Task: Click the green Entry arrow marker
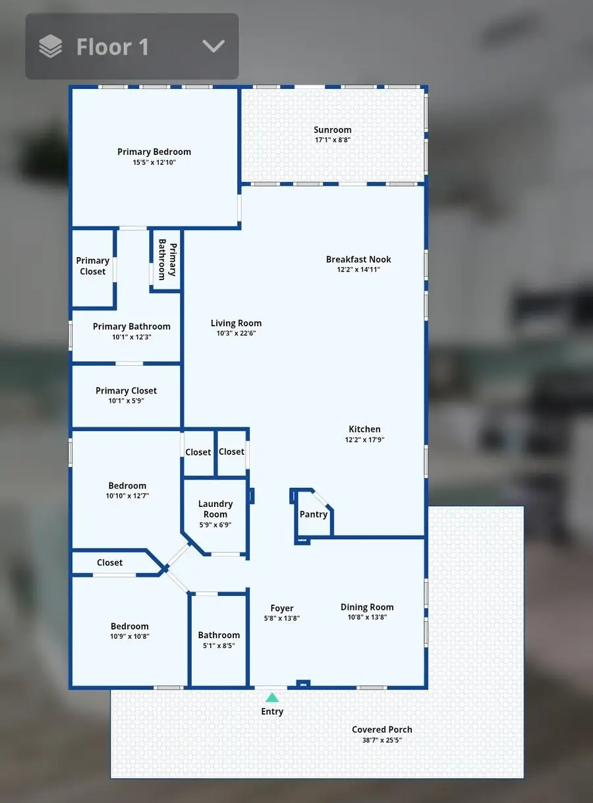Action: [x=272, y=697]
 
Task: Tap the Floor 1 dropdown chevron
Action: [x=213, y=46]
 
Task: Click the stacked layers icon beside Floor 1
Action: [x=51, y=47]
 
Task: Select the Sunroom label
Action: [x=332, y=130]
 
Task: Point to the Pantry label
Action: [x=314, y=514]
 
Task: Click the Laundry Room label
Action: [x=215, y=509]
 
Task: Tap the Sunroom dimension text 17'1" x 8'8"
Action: [x=332, y=140]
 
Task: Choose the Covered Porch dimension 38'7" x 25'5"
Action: [x=382, y=740]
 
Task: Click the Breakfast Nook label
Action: [x=358, y=259]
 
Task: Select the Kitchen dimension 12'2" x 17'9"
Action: [x=364, y=440]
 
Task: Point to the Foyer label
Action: [x=282, y=608]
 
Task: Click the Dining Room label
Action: [x=367, y=607]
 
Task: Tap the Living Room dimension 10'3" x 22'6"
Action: [x=236, y=334]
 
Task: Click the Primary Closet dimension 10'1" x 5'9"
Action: [x=126, y=401]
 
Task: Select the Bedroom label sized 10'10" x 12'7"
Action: [x=127, y=486]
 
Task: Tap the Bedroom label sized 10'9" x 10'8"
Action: [x=129, y=626]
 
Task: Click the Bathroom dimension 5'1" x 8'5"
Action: [x=219, y=645]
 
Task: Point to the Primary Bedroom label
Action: [x=154, y=152]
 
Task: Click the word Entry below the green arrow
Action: [x=272, y=711]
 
